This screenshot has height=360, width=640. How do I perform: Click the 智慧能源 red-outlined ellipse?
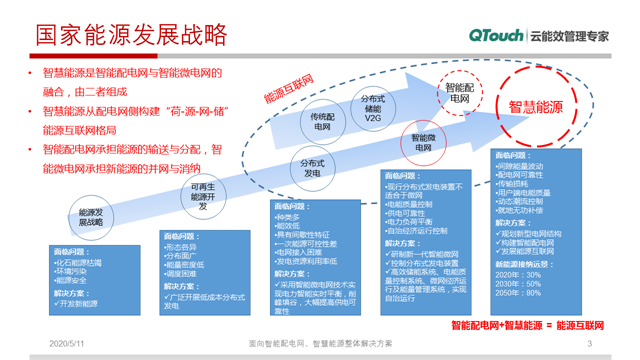tap(542, 104)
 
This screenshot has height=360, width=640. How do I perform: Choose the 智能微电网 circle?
tap(419, 144)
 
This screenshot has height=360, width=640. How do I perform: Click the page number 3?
tap(589, 344)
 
